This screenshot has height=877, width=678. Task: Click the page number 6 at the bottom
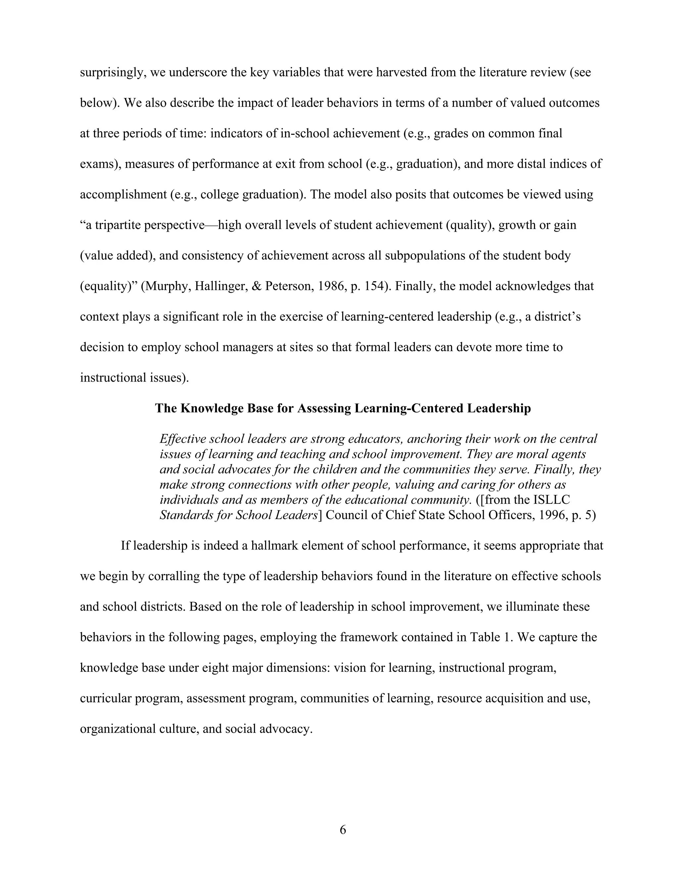(x=343, y=829)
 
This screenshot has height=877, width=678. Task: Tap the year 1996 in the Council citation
(x=551, y=515)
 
